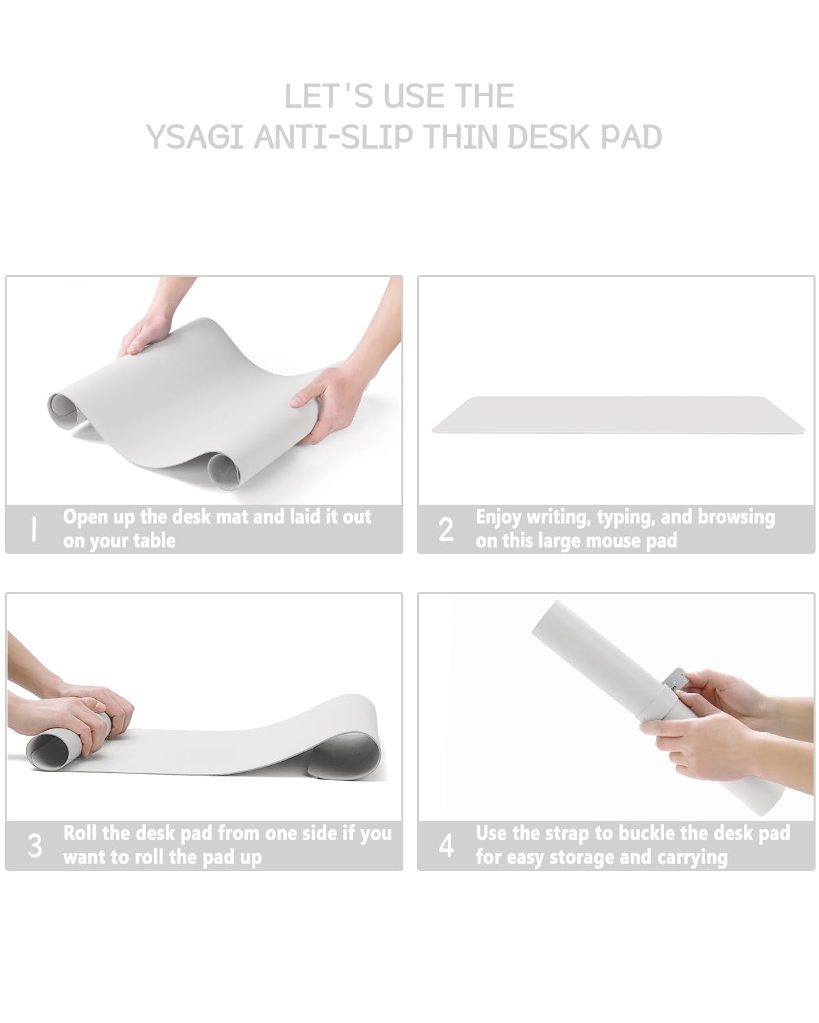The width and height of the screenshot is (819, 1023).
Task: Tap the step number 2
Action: coord(446,529)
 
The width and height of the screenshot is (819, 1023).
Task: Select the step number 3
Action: coord(35,846)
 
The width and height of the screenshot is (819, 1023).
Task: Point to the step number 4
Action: coord(446,846)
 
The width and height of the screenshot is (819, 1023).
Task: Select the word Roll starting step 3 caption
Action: coord(80,833)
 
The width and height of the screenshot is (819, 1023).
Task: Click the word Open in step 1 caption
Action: coord(85,517)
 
